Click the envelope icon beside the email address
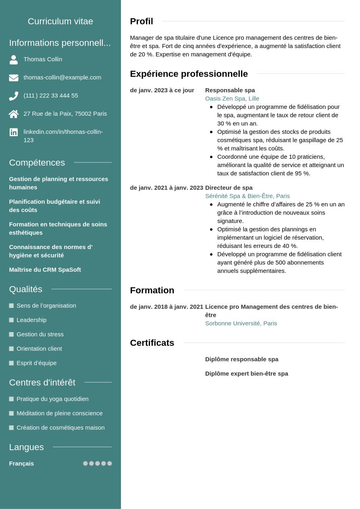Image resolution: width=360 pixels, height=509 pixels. click(x=14, y=78)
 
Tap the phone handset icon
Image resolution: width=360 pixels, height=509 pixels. click(x=14, y=96)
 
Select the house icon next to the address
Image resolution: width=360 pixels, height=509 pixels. click(x=14, y=114)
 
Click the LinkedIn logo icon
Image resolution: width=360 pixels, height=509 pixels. click(x=14, y=132)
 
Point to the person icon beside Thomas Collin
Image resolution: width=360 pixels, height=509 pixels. click(x=14, y=60)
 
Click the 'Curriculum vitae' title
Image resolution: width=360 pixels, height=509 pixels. click(x=60, y=21)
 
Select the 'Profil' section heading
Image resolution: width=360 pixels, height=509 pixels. click(x=142, y=21)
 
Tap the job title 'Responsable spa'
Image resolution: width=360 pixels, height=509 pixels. click(x=230, y=90)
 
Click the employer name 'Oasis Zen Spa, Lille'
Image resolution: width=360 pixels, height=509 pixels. click(x=232, y=99)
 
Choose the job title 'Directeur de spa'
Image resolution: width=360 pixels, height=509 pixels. click(x=229, y=188)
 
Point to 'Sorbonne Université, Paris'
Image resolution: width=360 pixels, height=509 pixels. click(x=241, y=323)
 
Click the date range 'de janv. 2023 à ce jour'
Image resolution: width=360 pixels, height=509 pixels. click(x=162, y=90)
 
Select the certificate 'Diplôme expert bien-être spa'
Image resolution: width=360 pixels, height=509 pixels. click(x=246, y=374)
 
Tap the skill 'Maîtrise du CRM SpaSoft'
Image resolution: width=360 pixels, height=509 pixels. click(x=45, y=270)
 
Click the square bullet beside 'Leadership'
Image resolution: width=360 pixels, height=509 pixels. click(x=11, y=320)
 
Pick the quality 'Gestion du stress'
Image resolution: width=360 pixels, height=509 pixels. click(x=40, y=334)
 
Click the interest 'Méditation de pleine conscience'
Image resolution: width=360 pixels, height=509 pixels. click(x=60, y=413)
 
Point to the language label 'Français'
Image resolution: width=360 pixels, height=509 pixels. click(x=21, y=463)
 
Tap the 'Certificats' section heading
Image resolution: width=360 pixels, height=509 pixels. click(x=152, y=343)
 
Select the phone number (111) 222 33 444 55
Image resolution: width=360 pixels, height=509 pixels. click(x=51, y=96)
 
